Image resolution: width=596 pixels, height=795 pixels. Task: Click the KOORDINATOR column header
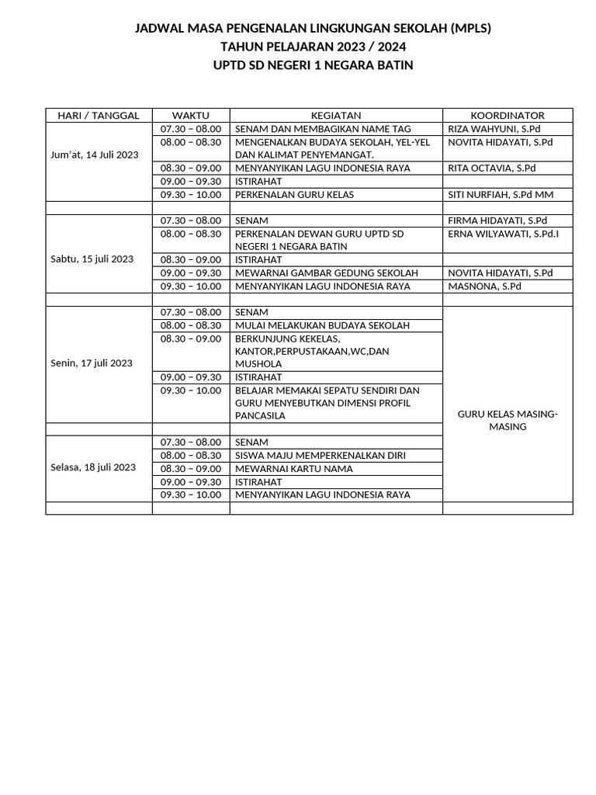508,116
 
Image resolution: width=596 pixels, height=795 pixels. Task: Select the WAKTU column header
191,116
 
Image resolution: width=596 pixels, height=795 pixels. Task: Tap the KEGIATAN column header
336,116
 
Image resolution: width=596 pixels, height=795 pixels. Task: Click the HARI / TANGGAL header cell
99,116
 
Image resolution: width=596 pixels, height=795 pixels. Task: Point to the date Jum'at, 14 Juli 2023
94,154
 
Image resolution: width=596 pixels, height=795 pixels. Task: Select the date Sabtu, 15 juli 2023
92,259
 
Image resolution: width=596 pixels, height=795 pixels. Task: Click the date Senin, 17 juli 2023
92,363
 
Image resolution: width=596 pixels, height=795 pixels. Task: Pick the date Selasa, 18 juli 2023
93,467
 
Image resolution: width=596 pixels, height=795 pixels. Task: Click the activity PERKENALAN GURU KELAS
294,195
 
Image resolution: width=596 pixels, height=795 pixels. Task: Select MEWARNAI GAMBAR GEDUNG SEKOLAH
326,273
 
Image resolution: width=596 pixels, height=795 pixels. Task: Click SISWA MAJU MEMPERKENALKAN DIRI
320,456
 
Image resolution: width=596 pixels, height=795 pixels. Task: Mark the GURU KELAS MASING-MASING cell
508,421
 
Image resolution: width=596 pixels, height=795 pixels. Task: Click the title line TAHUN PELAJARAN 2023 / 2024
313,47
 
